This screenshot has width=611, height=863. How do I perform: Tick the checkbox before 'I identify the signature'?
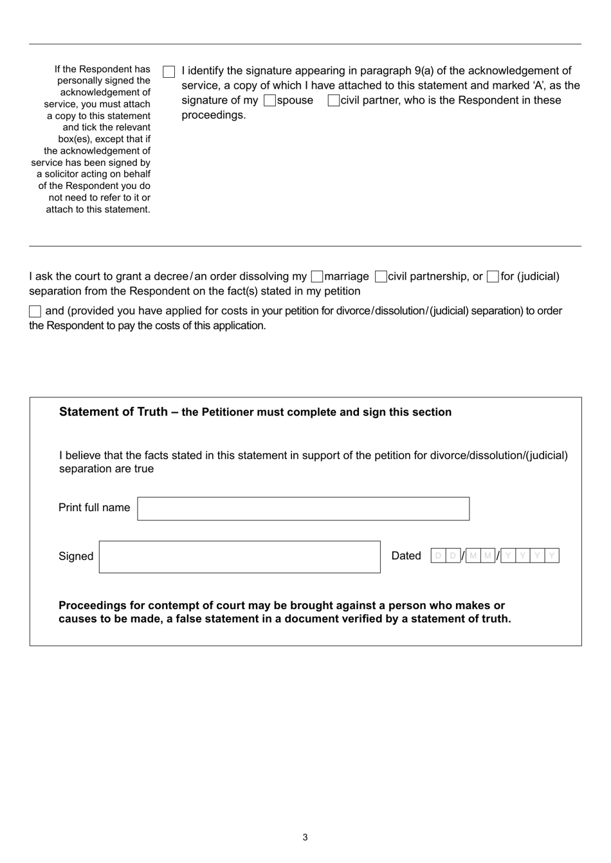point(169,71)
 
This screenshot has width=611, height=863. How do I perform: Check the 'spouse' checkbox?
point(269,100)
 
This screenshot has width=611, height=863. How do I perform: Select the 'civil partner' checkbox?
point(333,100)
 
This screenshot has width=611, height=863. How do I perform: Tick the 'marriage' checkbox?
point(316,277)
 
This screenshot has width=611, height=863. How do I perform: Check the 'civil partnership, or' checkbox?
point(381,277)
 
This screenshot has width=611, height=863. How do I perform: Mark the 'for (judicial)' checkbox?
point(493,277)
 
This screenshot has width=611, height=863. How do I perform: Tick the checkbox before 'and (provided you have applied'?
point(35,311)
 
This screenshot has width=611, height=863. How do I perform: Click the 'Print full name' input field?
point(303,508)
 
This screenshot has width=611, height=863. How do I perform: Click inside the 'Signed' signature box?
point(239,556)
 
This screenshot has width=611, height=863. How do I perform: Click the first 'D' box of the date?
point(438,556)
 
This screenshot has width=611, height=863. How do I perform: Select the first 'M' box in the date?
point(473,556)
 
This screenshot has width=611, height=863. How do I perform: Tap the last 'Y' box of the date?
point(552,556)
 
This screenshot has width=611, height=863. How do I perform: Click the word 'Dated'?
point(406,556)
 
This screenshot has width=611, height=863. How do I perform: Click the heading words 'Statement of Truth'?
point(113,412)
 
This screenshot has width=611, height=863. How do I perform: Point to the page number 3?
point(305,837)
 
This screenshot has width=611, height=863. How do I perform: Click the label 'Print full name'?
point(94,507)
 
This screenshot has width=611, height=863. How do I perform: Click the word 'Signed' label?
point(76,556)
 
